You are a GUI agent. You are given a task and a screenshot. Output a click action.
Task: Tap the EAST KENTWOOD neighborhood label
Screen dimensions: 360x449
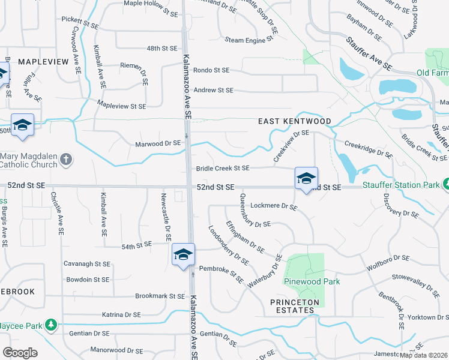[295, 121]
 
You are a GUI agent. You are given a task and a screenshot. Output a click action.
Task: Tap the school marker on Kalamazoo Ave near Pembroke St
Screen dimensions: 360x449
[183, 255]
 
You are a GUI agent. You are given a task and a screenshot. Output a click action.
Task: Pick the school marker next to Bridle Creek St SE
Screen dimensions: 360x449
[306, 178]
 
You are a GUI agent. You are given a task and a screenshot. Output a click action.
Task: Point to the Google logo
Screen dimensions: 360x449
[20, 352]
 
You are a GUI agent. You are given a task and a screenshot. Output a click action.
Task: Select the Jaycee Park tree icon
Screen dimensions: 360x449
[52, 325]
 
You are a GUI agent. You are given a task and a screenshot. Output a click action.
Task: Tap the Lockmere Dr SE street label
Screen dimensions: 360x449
[274, 206]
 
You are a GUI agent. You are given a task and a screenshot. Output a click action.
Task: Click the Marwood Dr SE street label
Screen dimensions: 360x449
[158, 143]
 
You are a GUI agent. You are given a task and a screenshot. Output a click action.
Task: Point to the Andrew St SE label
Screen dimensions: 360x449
[212, 90]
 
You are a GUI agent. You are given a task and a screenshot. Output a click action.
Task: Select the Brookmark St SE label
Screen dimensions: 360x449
[160, 296]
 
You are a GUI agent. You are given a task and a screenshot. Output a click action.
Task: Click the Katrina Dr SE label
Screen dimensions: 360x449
[121, 314]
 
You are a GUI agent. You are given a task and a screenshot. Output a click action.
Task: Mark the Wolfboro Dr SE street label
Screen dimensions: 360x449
[389, 259]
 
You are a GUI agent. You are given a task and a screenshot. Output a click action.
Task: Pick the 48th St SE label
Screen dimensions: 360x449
[163, 48]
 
